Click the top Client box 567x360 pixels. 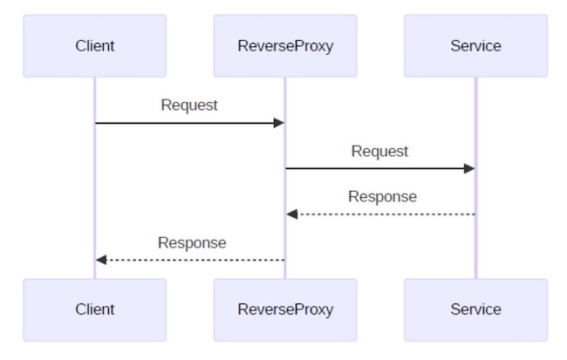94,45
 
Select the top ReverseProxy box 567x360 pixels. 285,45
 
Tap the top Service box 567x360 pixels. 475,45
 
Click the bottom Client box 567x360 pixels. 94,309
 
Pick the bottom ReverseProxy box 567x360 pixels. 285,309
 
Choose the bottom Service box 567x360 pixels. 475,309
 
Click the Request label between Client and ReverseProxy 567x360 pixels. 189,105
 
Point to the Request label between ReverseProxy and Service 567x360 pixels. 379,151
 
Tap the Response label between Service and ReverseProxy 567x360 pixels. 382,196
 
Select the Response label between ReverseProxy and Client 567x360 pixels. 192,242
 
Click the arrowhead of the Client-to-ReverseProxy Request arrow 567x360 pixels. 279,123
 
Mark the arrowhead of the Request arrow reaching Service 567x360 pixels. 469,168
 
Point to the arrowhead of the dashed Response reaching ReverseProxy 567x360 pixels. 292,214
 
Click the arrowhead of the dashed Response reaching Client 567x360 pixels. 101,260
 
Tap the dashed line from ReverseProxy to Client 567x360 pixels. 192,260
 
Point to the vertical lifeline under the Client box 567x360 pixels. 95,192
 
